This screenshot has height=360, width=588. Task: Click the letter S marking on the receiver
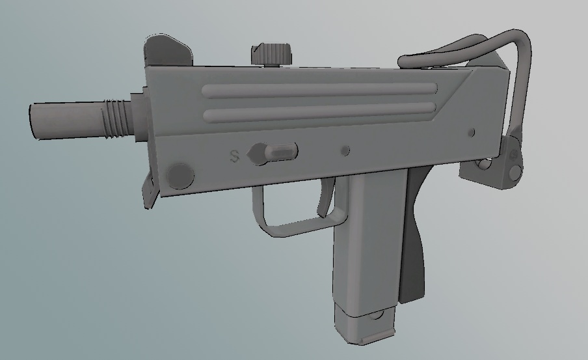235,156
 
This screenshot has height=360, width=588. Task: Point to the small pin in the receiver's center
345,151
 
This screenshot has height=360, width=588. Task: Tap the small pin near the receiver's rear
472,133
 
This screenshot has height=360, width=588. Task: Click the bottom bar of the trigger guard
293,226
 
